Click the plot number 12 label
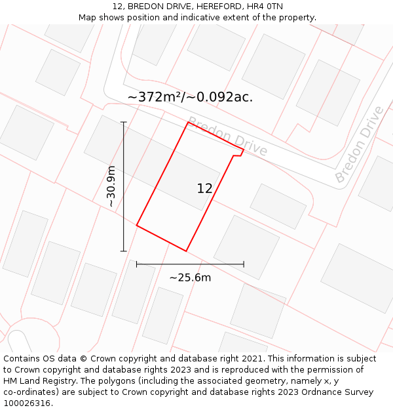[x=204, y=188]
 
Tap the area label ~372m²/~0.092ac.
[x=190, y=97]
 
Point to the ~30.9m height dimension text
[x=111, y=186]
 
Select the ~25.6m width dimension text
[x=190, y=277]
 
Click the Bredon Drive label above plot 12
[x=227, y=136]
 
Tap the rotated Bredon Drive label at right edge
[x=360, y=144]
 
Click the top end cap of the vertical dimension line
[x=123, y=122]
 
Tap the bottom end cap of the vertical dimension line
[x=123, y=251]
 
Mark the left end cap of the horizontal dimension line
[x=136, y=264]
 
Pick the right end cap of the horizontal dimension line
[x=244, y=264]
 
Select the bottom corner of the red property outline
[x=186, y=251]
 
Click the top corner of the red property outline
[x=188, y=122]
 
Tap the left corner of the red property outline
[x=136, y=226]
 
